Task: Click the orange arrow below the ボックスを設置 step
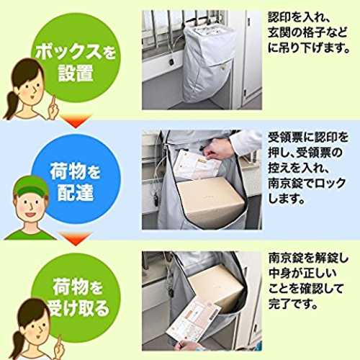76,121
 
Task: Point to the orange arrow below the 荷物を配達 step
76,238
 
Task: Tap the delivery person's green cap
30,186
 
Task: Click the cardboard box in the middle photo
210,199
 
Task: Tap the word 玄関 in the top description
284,32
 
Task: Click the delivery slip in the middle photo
196,164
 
